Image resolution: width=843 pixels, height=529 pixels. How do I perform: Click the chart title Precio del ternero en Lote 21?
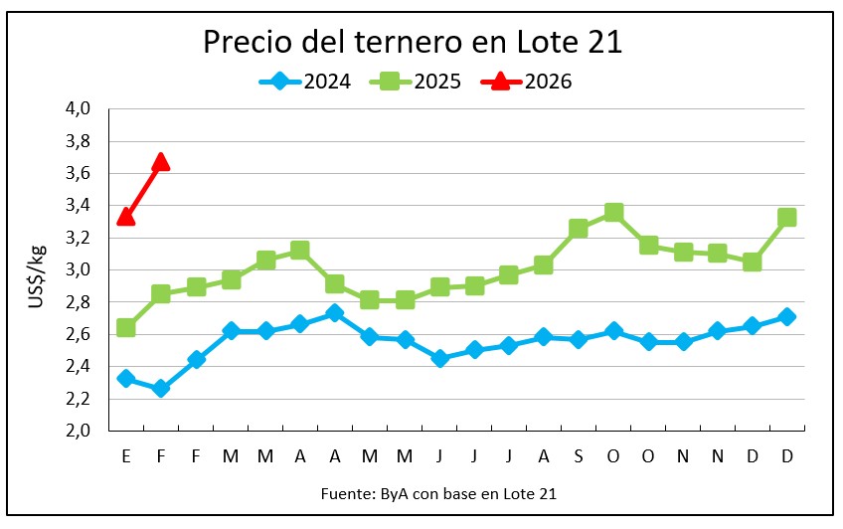[413, 42]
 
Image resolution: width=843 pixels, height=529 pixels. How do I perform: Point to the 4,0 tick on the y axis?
[79, 108]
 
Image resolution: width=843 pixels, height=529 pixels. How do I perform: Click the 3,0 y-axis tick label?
[79, 269]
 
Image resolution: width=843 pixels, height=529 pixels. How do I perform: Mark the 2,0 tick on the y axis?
[79, 431]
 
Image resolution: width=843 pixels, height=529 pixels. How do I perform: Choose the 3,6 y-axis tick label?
[79, 173]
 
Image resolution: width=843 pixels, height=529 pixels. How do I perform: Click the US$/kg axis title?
[36, 269]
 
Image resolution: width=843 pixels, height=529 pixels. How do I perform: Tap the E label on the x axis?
[125, 455]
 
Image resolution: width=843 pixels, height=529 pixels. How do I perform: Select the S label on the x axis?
[578, 455]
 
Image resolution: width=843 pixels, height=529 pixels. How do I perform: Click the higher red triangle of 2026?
[160, 161]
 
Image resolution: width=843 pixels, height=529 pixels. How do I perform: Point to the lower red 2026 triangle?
[125, 216]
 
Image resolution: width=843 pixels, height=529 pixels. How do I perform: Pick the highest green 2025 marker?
[613, 212]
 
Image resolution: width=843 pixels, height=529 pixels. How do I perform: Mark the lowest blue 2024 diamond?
[160, 388]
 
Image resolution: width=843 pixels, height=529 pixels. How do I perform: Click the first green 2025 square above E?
[125, 327]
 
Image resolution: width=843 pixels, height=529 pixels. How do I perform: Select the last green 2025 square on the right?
[786, 217]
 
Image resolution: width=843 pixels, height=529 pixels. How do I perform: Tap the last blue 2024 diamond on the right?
[786, 316]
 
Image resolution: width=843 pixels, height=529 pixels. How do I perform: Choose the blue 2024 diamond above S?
[578, 339]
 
